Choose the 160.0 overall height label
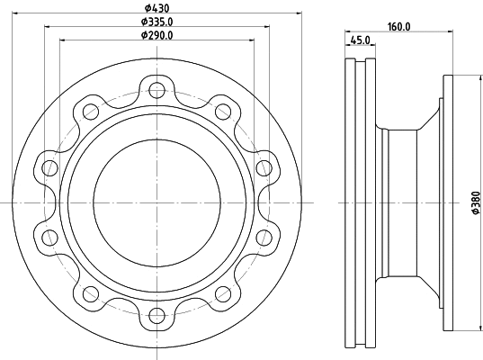coord(398,27)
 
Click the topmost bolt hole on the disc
coord(157,89)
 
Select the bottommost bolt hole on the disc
coord(157,315)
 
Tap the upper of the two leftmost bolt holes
coord(49,167)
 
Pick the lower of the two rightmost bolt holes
coord(264,237)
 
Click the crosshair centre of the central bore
coord(157,202)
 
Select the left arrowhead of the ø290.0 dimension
coord(63,40)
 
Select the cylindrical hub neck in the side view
coord(400,202)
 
